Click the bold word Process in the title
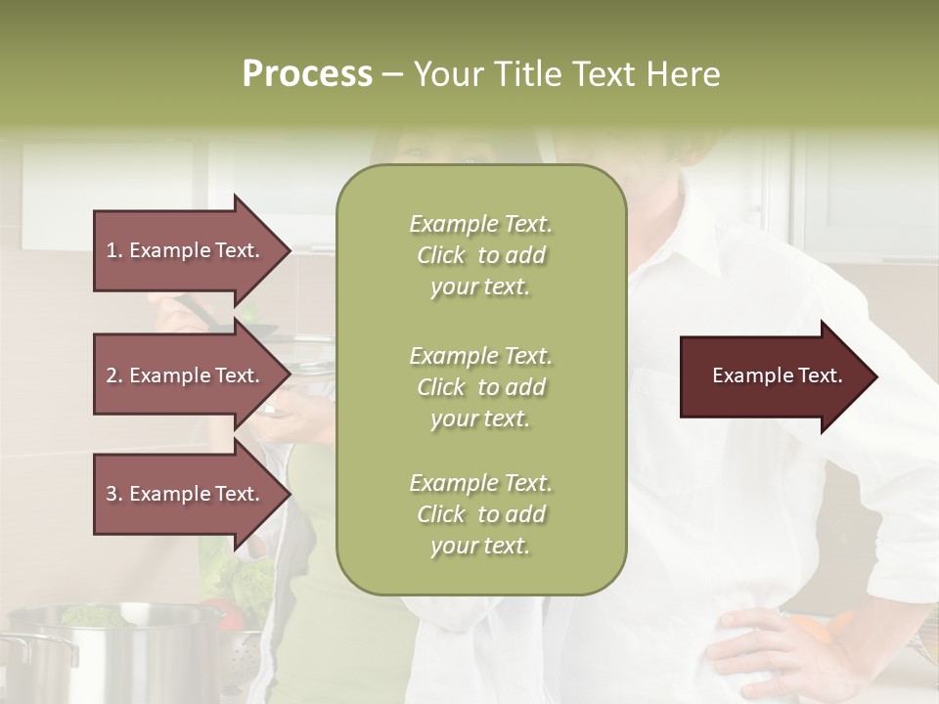(x=307, y=74)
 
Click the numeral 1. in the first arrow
(x=114, y=250)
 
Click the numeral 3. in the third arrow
(x=114, y=494)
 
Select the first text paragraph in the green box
(x=480, y=255)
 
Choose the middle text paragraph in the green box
(x=480, y=387)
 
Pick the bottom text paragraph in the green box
(x=480, y=514)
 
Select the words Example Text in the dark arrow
(x=778, y=376)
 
